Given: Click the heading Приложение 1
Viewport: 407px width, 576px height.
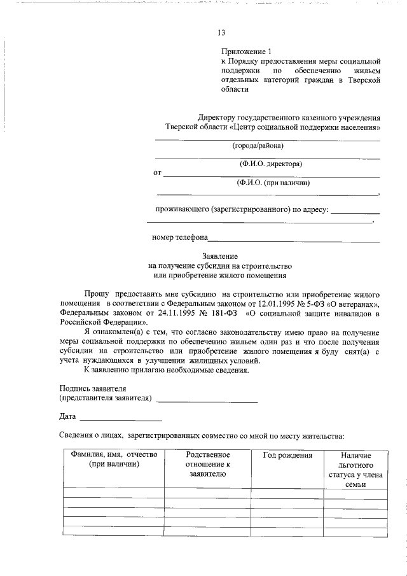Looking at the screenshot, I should point(246,52).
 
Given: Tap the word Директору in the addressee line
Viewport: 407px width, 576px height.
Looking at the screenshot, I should point(216,118).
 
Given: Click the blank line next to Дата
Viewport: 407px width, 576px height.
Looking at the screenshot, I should point(120,419).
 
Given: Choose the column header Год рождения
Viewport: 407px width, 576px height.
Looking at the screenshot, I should point(287,456).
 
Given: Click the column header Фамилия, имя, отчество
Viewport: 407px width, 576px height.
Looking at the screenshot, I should point(114,460).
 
